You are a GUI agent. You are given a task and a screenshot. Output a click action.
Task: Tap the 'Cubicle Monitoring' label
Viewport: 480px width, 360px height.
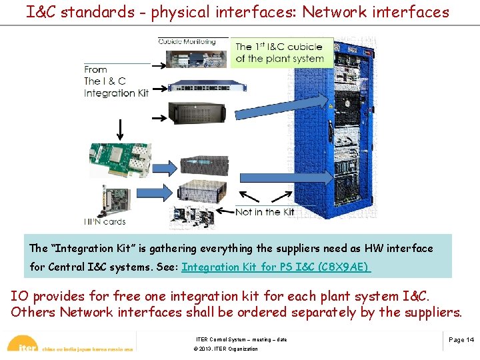[x=187, y=41]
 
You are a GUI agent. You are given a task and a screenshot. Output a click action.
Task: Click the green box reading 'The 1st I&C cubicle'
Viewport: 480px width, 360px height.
[x=279, y=53]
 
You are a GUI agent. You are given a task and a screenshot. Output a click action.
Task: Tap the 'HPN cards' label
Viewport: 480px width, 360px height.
[x=105, y=221]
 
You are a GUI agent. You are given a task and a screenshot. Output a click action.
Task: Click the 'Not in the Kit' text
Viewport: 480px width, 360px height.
[x=265, y=212]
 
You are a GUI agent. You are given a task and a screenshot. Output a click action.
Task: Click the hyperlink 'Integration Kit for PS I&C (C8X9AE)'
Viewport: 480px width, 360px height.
[x=276, y=267]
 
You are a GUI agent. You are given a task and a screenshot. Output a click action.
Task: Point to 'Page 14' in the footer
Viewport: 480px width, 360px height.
[x=461, y=339]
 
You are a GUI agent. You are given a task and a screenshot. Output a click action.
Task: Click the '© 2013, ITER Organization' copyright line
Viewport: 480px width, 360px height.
[x=225, y=349]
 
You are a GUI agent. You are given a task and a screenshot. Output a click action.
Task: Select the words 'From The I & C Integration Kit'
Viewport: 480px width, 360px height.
[x=116, y=81]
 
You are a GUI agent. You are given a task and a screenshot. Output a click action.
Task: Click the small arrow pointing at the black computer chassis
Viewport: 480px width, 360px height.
[x=159, y=118]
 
